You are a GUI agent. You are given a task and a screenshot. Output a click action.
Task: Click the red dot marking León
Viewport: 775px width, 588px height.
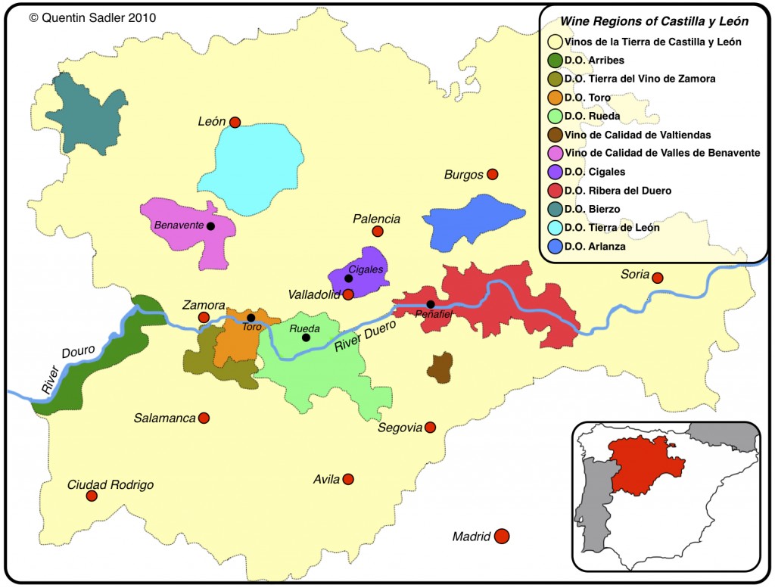(235, 122)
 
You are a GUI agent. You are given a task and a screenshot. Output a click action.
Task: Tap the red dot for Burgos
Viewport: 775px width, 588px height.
(492, 174)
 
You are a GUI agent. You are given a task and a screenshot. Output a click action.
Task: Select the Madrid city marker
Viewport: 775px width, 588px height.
(500, 537)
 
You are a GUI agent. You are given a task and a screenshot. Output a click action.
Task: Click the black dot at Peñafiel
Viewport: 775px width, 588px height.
(430, 304)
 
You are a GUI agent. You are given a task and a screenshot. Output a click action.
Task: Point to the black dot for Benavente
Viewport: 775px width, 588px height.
(210, 226)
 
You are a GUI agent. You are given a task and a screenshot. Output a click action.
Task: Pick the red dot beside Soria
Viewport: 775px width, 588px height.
(658, 278)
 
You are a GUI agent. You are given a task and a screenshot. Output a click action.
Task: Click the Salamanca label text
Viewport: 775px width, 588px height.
(164, 418)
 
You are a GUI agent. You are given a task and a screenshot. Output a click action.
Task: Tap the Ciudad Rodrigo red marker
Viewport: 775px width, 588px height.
(92, 496)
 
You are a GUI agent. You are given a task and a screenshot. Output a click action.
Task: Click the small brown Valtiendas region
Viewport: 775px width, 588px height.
(439, 367)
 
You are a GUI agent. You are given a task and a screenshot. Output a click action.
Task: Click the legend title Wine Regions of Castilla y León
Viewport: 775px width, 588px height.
(654, 22)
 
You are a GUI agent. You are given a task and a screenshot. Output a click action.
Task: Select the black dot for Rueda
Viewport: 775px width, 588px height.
(306, 338)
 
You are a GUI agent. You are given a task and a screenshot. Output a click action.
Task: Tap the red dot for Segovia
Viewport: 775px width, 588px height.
(430, 428)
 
